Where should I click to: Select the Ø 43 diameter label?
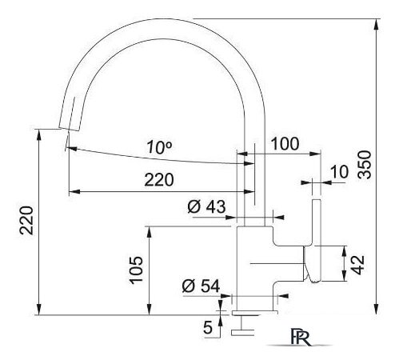206,206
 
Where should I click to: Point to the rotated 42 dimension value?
359,263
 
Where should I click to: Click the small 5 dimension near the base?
208,326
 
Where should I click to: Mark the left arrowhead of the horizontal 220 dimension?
73,192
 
